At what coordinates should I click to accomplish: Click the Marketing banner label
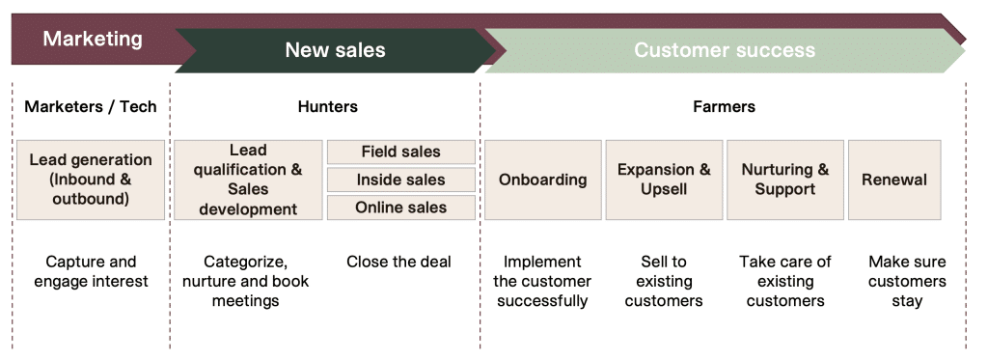click(93, 40)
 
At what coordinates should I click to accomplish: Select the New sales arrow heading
click(335, 50)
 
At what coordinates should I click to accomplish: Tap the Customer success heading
click(724, 50)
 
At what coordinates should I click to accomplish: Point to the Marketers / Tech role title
click(91, 106)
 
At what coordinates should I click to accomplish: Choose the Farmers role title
click(724, 106)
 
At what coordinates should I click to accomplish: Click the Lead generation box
click(91, 180)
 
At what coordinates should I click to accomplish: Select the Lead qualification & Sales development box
click(248, 180)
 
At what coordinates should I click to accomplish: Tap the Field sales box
click(400, 152)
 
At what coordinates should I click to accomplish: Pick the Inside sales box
click(400, 180)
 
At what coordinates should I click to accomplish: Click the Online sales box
click(400, 208)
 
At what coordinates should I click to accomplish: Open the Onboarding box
click(542, 180)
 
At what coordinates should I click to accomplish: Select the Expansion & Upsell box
click(664, 180)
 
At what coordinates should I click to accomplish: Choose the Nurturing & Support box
click(784, 180)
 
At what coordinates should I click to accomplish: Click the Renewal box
click(893, 180)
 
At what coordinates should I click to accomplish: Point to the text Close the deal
click(398, 262)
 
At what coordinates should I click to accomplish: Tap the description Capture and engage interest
click(91, 271)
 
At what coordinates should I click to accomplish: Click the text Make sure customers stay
click(907, 281)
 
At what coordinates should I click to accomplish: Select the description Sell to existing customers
click(664, 281)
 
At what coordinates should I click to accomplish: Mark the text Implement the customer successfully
click(542, 281)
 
